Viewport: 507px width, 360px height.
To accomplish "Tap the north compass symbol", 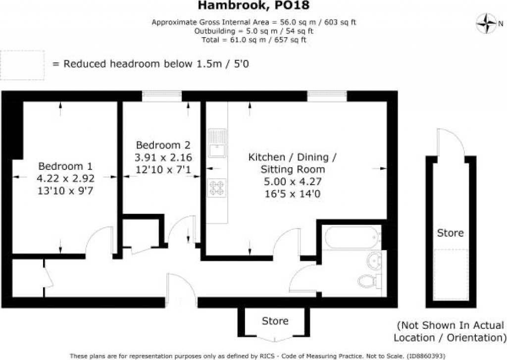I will (x=486, y=22).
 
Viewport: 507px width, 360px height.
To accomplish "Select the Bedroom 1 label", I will (x=65, y=166).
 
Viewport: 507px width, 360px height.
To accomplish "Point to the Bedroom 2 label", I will (x=163, y=146).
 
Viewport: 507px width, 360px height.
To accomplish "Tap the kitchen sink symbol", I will (x=217, y=142).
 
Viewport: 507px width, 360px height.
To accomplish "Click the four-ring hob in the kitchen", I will (x=217, y=187).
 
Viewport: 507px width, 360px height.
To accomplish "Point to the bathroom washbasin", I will (x=375, y=259).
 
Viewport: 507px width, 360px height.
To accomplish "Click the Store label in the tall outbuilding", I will (x=450, y=233).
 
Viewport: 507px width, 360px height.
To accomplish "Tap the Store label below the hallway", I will (x=275, y=321).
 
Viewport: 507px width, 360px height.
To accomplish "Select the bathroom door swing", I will (x=304, y=280).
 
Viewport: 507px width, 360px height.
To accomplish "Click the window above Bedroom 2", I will (x=162, y=96).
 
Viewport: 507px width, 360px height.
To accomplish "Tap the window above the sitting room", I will (x=327, y=96).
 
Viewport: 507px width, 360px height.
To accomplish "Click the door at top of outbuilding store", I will (x=451, y=143).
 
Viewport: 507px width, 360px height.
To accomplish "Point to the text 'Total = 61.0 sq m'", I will (x=253, y=40).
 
